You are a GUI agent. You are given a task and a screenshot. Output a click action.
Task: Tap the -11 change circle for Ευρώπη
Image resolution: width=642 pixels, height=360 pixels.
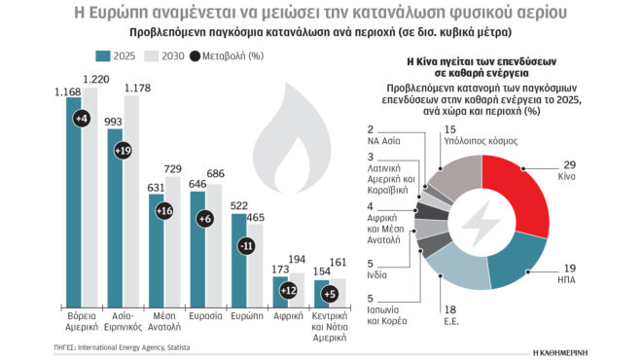[247, 246]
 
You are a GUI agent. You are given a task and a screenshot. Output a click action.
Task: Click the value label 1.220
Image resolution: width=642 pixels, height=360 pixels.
[97, 79]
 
